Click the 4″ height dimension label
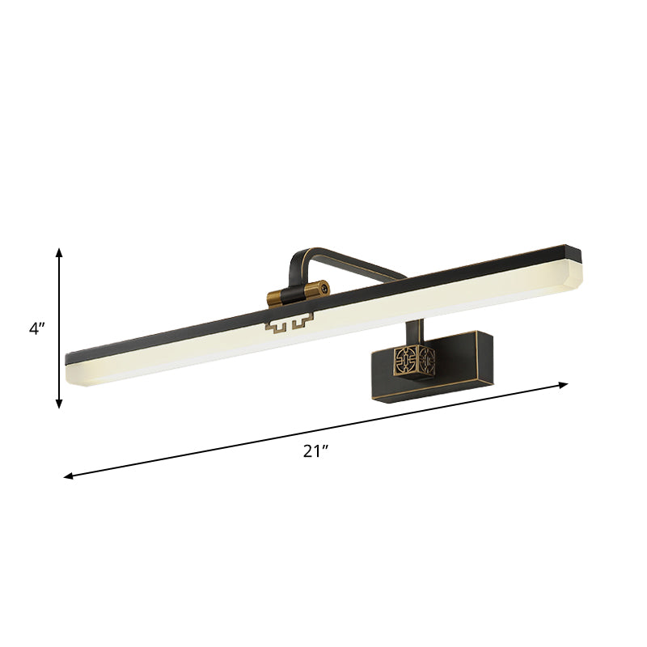click(39, 329)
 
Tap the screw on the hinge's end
click(322, 286)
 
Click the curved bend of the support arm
click(298, 257)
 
